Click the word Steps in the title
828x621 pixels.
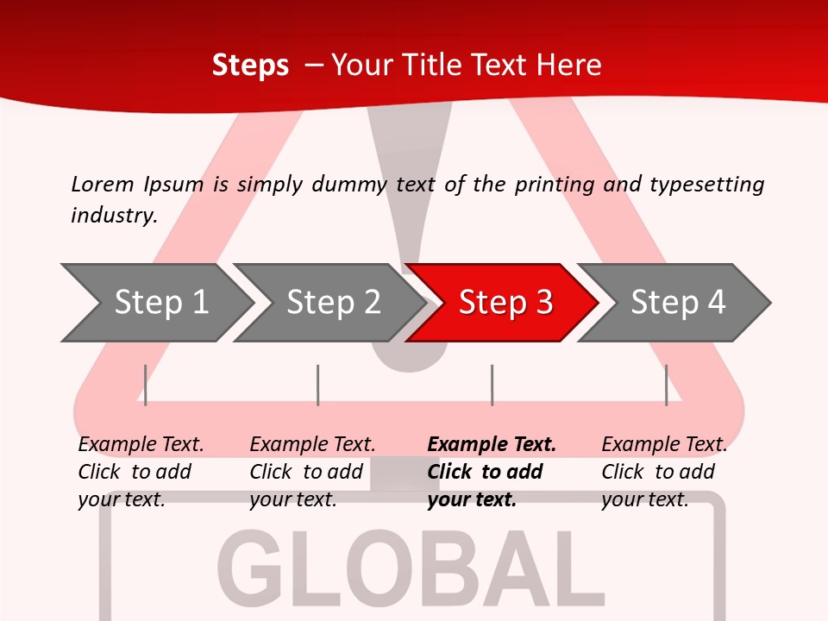(250, 65)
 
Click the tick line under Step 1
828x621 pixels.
(146, 385)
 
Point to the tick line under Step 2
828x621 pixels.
(318, 385)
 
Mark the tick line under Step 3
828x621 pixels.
(492, 385)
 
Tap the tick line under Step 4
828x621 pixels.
(667, 385)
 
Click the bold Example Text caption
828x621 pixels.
(492, 472)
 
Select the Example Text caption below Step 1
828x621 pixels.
(141, 472)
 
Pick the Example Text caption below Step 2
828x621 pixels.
(312, 472)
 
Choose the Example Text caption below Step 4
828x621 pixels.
(664, 472)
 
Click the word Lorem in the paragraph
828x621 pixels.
(103, 184)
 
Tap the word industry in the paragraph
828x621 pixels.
(113, 215)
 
